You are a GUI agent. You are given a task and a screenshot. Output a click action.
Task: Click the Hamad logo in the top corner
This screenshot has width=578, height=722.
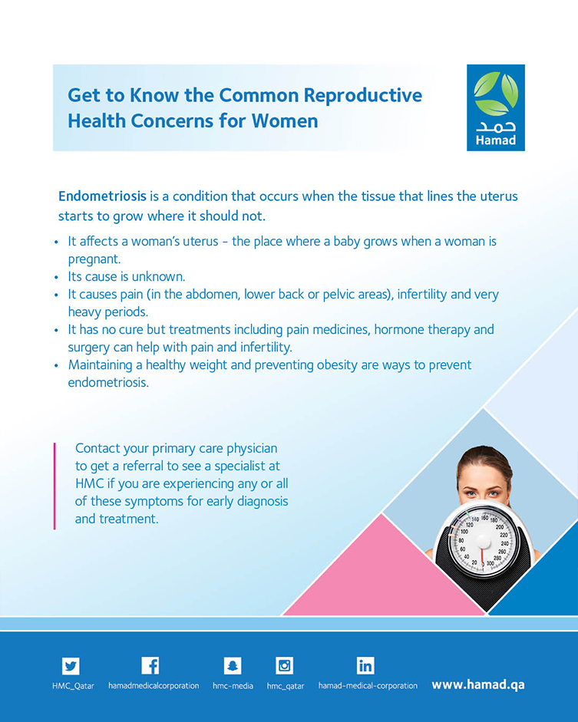coord(496,107)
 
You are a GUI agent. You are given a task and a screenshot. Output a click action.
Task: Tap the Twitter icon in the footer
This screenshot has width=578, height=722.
coord(71,666)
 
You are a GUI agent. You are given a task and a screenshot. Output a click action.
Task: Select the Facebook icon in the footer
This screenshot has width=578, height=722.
coord(150,665)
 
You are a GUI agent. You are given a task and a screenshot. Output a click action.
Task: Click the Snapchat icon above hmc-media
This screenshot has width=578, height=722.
coord(233,665)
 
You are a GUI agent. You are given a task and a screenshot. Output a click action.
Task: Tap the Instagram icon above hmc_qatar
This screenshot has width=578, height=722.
coord(284,665)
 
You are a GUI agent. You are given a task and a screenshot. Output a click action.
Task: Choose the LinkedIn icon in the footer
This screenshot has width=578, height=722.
coord(365,665)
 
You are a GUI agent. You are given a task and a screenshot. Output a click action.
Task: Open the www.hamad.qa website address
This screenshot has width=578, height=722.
coord(478,684)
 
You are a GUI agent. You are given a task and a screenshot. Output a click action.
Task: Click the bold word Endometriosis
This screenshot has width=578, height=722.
coord(102,196)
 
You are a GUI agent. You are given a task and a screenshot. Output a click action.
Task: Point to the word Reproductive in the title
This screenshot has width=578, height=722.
coord(363,95)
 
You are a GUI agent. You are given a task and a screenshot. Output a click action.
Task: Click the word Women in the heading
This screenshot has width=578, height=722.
coord(285,121)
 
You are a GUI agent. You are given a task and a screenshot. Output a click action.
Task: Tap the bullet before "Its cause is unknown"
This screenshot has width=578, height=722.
coord(57,277)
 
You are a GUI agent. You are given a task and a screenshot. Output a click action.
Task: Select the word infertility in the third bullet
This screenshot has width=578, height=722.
coord(422,294)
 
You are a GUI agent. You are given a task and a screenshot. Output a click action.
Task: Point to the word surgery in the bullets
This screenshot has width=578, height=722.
coord(88,348)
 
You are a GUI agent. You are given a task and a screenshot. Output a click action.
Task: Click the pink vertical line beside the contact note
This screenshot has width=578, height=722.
coord(54,486)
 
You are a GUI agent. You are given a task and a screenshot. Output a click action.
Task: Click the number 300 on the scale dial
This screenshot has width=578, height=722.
coord(490,563)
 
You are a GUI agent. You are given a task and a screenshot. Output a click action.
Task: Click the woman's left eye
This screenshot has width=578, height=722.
coord(494,493)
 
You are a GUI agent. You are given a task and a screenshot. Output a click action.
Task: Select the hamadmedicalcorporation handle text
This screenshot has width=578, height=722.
coord(154,686)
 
